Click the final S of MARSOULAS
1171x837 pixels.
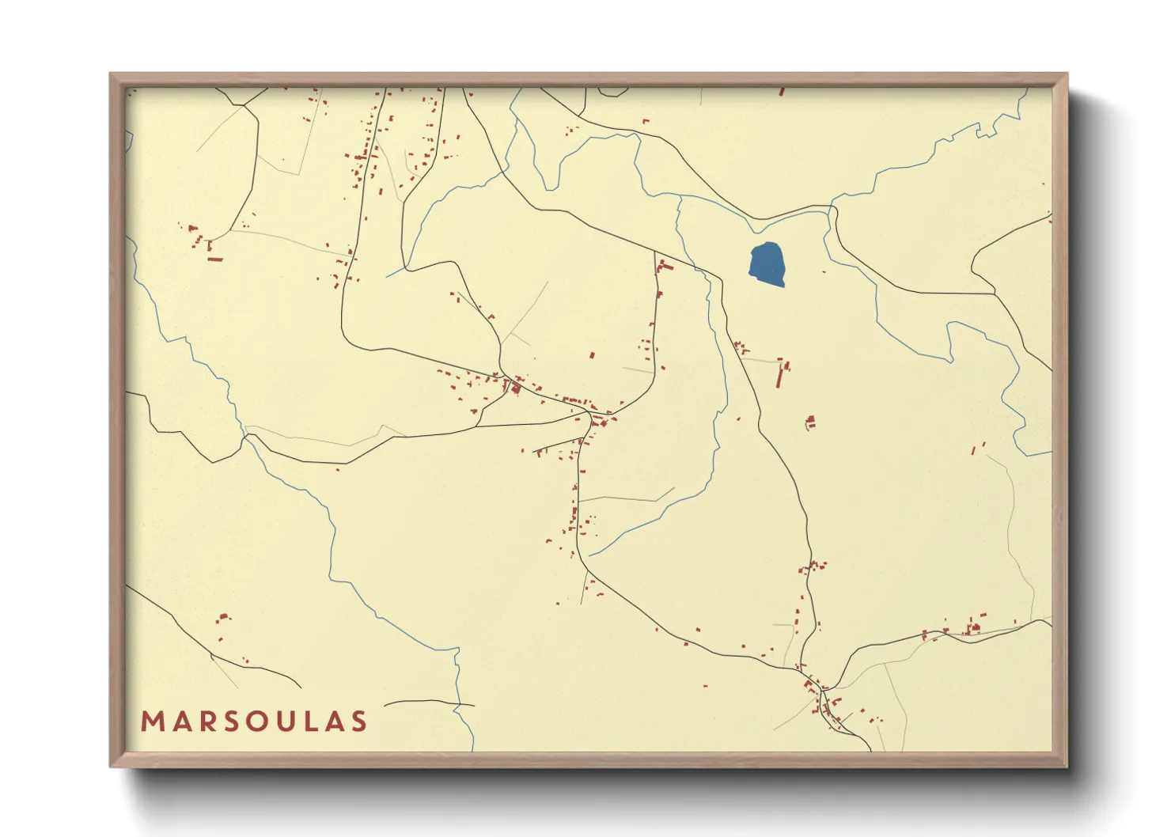pyautogui.click(x=359, y=721)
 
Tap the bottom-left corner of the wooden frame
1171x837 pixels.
pyautogui.click(x=112, y=765)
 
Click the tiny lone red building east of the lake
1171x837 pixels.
pyautogui.click(x=824, y=272)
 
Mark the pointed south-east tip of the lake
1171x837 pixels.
pyautogui.click(x=783, y=286)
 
